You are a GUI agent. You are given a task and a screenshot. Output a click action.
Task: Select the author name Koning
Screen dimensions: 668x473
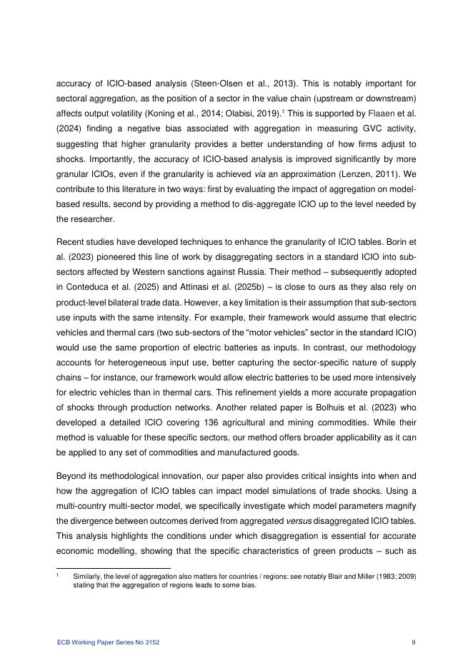(x=204, y=113)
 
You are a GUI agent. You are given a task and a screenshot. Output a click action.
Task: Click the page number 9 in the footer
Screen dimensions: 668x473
(x=414, y=643)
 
